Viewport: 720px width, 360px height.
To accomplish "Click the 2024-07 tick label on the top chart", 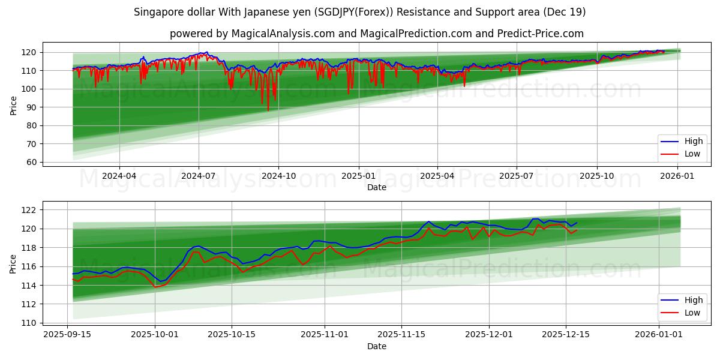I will tap(198, 175).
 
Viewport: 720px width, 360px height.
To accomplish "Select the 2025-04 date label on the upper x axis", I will tap(437, 175).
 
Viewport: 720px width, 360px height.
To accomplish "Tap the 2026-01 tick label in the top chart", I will tap(677, 175).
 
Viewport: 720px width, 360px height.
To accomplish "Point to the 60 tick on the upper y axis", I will tap(31, 162).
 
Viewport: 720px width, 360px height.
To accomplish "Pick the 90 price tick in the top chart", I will tap(31, 107).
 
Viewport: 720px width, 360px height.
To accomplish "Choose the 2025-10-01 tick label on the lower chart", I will tap(155, 334).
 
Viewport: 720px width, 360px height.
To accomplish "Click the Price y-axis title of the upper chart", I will tap(13, 106).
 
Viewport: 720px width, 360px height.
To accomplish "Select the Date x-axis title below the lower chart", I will tap(376, 346).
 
